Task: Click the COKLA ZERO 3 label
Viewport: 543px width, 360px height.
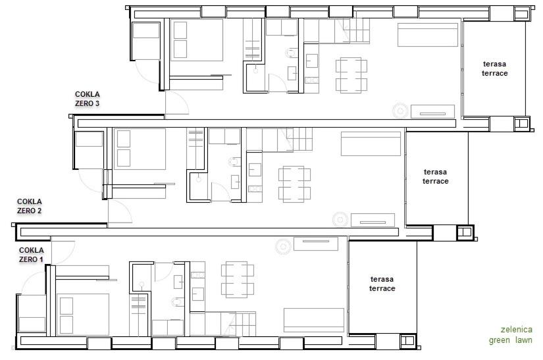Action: (x=88, y=99)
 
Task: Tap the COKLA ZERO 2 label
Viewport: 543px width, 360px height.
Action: (x=30, y=206)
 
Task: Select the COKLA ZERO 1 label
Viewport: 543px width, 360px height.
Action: (x=31, y=255)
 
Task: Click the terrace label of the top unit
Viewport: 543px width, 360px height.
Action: (x=494, y=68)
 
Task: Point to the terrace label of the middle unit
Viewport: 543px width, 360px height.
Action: (x=435, y=176)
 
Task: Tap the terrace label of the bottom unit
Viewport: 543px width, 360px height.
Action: (x=382, y=284)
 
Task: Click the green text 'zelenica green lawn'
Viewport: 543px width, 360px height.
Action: (x=511, y=335)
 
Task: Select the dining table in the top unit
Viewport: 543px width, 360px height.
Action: (x=351, y=76)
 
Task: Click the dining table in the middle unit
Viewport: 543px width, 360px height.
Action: (x=294, y=184)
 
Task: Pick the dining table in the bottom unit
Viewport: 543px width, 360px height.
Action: (x=238, y=280)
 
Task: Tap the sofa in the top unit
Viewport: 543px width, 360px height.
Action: (x=428, y=35)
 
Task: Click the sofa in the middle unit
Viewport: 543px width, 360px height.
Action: (x=371, y=143)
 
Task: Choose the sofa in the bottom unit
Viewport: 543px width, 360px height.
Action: (x=314, y=320)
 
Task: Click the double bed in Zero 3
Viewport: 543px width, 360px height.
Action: (x=196, y=40)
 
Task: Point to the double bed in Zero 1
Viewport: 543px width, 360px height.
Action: (x=83, y=315)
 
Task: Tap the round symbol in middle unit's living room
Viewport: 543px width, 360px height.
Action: (x=340, y=219)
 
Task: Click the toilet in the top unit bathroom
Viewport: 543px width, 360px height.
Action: (x=292, y=53)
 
